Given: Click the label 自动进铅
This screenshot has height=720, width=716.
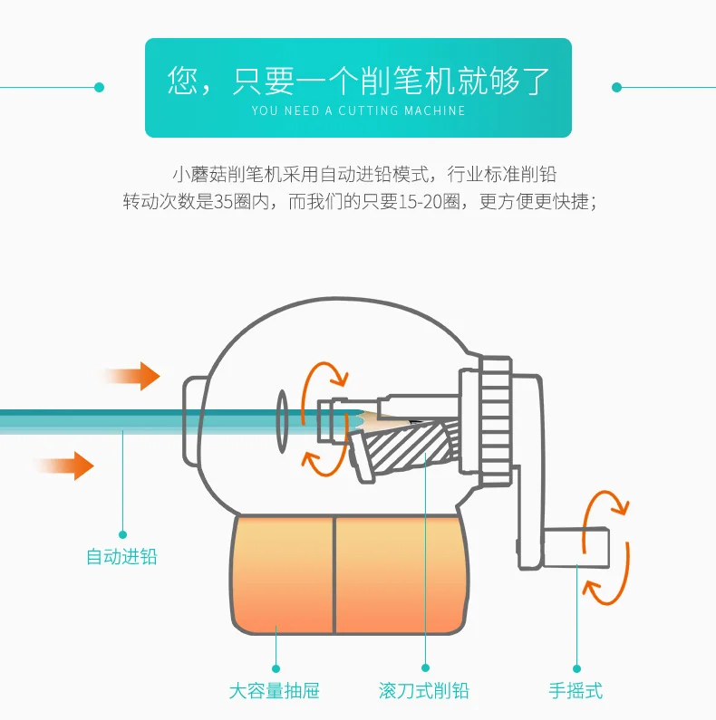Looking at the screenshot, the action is (121, 557).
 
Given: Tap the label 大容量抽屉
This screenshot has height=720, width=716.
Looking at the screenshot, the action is (275, 691).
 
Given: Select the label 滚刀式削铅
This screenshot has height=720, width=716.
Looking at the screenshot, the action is (424, 691).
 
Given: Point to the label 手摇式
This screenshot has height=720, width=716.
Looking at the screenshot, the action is (576, 691).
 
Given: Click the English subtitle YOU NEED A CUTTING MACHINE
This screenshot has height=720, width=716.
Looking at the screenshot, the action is (359, 110).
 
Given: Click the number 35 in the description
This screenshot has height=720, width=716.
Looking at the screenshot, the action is (223, 202).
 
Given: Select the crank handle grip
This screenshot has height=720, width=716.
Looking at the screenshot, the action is (576, 547).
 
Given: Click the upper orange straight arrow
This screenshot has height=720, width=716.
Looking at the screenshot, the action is (132, 376).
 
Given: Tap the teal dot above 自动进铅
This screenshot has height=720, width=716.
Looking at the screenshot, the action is (122, 534).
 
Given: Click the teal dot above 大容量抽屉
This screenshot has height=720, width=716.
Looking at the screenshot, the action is (276, 668).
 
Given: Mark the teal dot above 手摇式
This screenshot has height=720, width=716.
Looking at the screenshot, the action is (576, 668).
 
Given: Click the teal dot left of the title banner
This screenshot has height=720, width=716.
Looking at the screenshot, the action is (100, 87).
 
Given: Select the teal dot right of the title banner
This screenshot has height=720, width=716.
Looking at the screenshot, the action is (616, 87).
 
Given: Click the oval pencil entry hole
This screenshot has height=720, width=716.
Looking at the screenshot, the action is (282, 421).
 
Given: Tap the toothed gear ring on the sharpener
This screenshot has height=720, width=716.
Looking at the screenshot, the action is (496, 420).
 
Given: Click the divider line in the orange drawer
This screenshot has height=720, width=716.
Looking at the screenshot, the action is (334, 575).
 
